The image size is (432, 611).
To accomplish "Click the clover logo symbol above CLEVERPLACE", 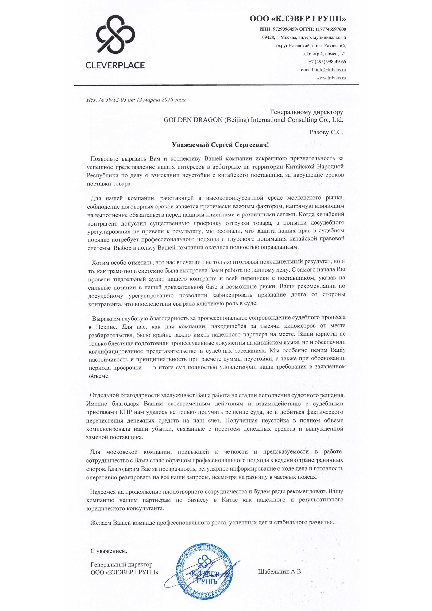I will pos(115,34).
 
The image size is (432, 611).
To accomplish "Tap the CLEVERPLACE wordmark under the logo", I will pos(115,65).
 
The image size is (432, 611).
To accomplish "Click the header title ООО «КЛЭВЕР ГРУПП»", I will pos(298,19).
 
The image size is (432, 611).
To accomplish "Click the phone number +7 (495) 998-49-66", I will pos(327,62).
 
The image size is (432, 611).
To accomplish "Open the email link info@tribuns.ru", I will pos(331,70).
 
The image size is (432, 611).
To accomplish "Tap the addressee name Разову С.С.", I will pos(326,132).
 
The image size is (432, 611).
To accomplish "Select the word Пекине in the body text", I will pos(106,327).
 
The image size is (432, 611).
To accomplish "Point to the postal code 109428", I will pos(267,37).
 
